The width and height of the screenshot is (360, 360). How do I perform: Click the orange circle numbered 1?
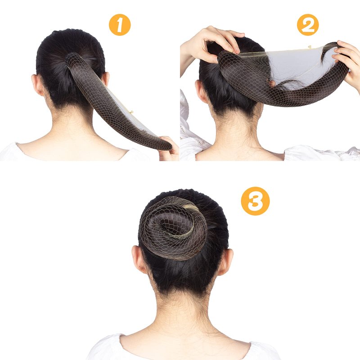(120, 25)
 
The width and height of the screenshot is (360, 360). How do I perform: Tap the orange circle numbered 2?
(308, 25)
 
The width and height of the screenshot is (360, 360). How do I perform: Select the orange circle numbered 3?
(255, 201)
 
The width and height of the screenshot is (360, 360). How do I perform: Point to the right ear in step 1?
(105, 79)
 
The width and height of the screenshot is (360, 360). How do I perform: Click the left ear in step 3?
(139, 260)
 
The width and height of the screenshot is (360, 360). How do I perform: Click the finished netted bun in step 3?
(173, 229)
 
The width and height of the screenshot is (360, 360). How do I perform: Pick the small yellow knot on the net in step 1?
(131, 112)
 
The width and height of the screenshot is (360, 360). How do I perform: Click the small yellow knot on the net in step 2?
(310, 47)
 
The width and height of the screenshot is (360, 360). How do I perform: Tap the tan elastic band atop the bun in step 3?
(191, 208)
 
